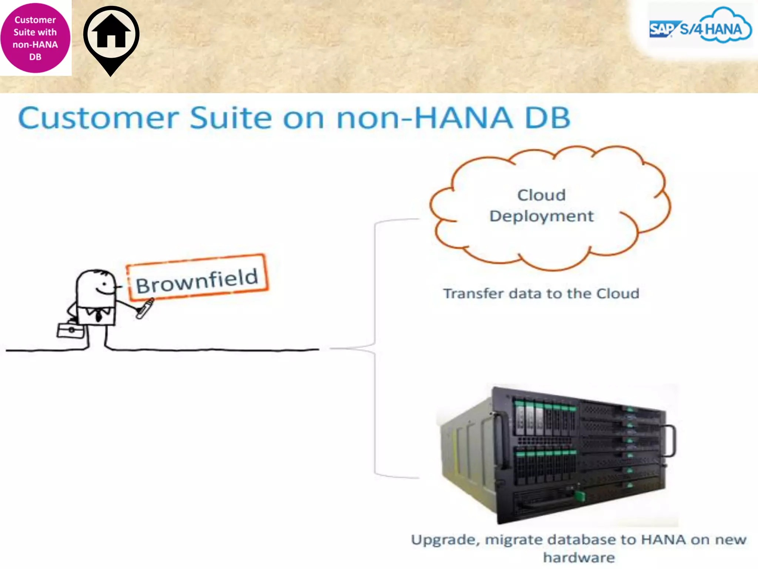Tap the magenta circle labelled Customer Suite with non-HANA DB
click(35, 38)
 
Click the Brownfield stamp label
click(197, 278)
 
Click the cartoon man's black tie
click(98, 316)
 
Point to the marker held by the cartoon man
click(145, 309)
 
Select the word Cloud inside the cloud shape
click(541, 195)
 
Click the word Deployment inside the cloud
click(541, 216)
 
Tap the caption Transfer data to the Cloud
click(541, 294)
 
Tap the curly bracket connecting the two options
click(375, 348)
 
